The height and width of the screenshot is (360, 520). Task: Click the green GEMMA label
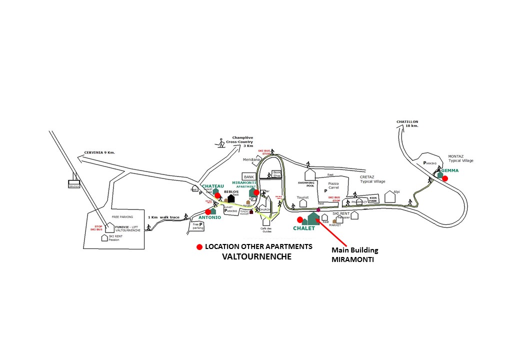449,170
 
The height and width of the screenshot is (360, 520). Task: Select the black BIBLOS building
231,199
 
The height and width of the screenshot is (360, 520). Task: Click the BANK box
248,176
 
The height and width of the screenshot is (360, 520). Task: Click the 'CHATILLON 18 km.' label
407,124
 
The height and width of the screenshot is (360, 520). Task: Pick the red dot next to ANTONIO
208,211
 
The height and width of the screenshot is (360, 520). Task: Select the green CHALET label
304,228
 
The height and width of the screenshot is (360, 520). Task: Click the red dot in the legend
199,247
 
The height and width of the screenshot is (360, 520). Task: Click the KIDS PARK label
373,200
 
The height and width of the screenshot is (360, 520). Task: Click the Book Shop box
277,173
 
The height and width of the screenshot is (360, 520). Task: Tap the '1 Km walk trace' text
163,217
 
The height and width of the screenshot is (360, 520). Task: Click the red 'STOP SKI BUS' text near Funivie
96,227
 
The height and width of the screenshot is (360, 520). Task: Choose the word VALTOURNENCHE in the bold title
256,256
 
